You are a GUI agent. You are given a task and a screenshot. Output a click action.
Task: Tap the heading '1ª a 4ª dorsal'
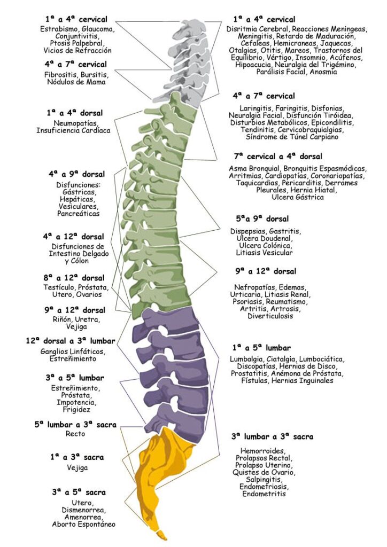pos(75,113)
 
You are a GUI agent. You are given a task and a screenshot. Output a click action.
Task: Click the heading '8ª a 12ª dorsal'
pos(74,278)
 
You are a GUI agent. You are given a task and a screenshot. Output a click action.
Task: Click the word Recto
pos(75,434)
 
